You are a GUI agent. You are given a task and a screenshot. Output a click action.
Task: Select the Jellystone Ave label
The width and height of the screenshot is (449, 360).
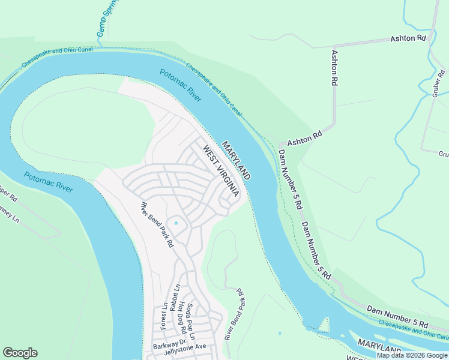[x=187, y=346]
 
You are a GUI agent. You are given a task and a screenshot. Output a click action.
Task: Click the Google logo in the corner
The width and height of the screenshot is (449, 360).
[x=20, y=353]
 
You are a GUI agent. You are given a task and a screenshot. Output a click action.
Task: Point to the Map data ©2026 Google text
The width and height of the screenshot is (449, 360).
[x=412, y=355]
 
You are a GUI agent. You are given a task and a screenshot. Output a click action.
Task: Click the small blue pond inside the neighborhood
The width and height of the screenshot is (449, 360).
[x=176, y=223]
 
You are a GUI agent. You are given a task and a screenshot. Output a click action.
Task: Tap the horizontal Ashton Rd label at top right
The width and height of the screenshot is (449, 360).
[x=408, y=38]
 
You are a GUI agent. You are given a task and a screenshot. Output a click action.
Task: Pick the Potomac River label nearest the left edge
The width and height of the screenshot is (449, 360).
[x=49, y=182]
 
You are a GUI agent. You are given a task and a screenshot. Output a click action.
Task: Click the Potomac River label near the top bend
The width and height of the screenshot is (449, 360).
[x=181, y=85]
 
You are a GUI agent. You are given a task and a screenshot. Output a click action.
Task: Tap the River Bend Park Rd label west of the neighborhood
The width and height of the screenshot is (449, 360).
[x=157, y=225]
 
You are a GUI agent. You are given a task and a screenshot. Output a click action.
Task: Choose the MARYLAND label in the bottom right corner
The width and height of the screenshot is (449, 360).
[x=379, y=347]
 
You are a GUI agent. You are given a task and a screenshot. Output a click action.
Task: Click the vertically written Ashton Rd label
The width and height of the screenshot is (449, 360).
[x=335, y=67]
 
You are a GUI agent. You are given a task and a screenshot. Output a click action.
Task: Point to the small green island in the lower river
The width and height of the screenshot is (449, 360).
[x=324, y=325]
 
